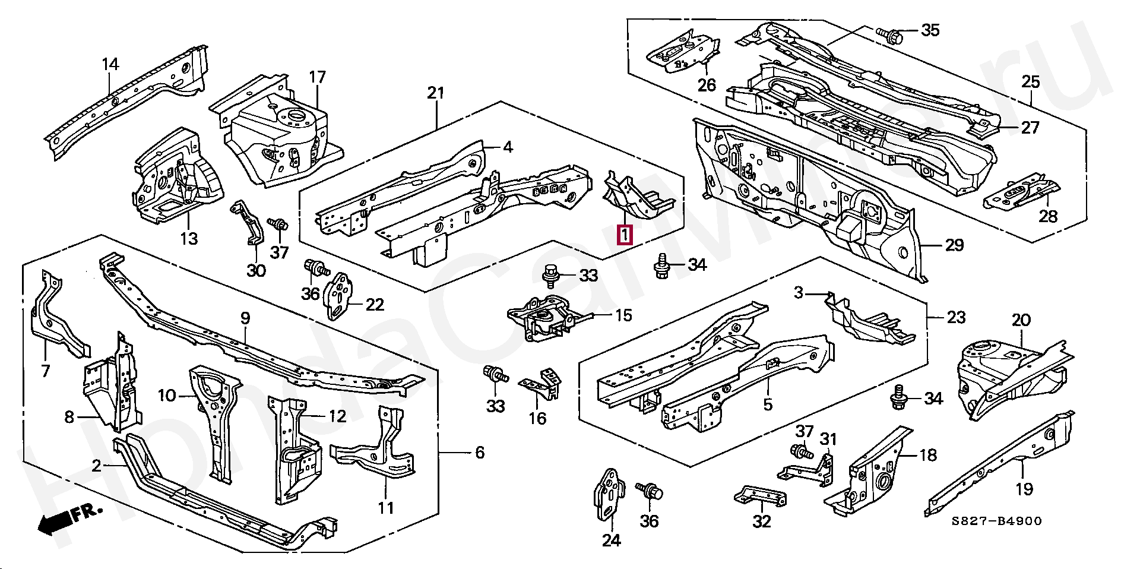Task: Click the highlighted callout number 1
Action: [x=625, y=235]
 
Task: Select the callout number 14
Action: [x=110, y=64]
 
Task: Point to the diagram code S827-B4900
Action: [x=996, y=521]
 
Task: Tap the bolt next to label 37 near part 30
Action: [x=277, y=225]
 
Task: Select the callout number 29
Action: [x=954, y=245]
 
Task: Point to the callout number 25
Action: [x=1031, y=81]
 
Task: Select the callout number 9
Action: [x=245, y=318]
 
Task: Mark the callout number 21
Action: [x=436, y=93]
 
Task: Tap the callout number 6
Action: [x=480, y=453]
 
